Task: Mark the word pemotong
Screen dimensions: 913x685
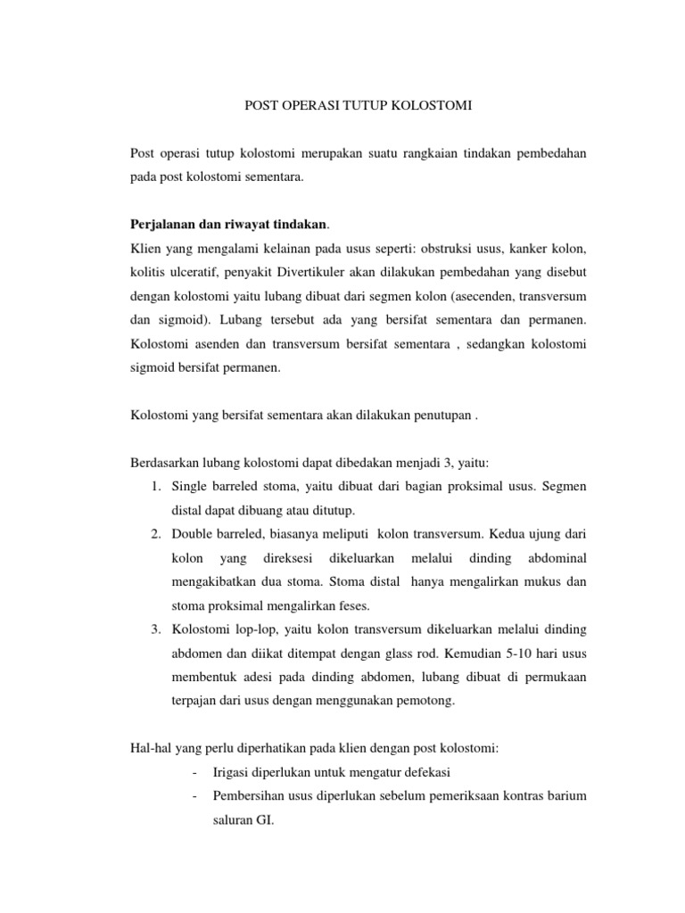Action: [422, 700]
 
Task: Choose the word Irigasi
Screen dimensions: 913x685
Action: [232, 771]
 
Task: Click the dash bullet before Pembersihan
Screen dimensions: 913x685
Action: [194, 795]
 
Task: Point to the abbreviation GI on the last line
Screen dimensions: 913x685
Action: [264, 818]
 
